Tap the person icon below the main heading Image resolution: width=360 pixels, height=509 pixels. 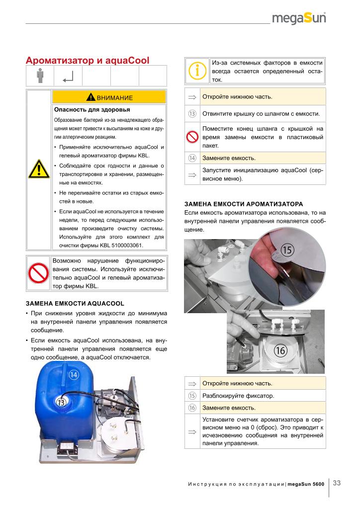pos(40,76)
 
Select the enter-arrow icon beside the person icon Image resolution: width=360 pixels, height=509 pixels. pos(68,76)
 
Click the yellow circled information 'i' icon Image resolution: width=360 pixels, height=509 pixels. pos(197,71)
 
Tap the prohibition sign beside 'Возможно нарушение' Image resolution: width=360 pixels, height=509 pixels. pos(39,272)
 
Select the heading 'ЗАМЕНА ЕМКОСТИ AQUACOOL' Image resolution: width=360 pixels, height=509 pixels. pos(75,303)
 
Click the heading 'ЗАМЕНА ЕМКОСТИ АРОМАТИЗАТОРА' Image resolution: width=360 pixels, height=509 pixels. pos(244,204)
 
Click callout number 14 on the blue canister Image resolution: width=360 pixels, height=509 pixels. pos(74,375)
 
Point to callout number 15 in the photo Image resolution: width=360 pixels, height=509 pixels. pos(286,250)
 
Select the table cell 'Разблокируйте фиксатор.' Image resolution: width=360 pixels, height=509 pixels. pos(238,396)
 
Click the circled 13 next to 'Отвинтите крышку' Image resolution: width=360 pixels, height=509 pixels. pos(192,113)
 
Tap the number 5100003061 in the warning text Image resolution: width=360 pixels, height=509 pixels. pos(122,246)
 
